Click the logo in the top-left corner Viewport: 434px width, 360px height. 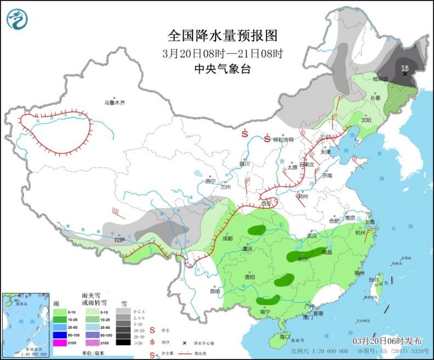[17, 19]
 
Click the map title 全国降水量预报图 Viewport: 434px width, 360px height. [223, 36]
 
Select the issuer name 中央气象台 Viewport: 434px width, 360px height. [222, 69]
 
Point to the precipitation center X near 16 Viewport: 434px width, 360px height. [405, 74]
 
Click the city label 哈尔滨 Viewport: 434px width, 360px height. [380, 79]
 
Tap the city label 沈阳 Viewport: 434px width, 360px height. [366, 120]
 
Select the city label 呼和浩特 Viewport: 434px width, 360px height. [284, 139]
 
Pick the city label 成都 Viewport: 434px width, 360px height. [228, 238]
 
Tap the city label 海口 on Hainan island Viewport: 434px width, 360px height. [284, 336]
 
